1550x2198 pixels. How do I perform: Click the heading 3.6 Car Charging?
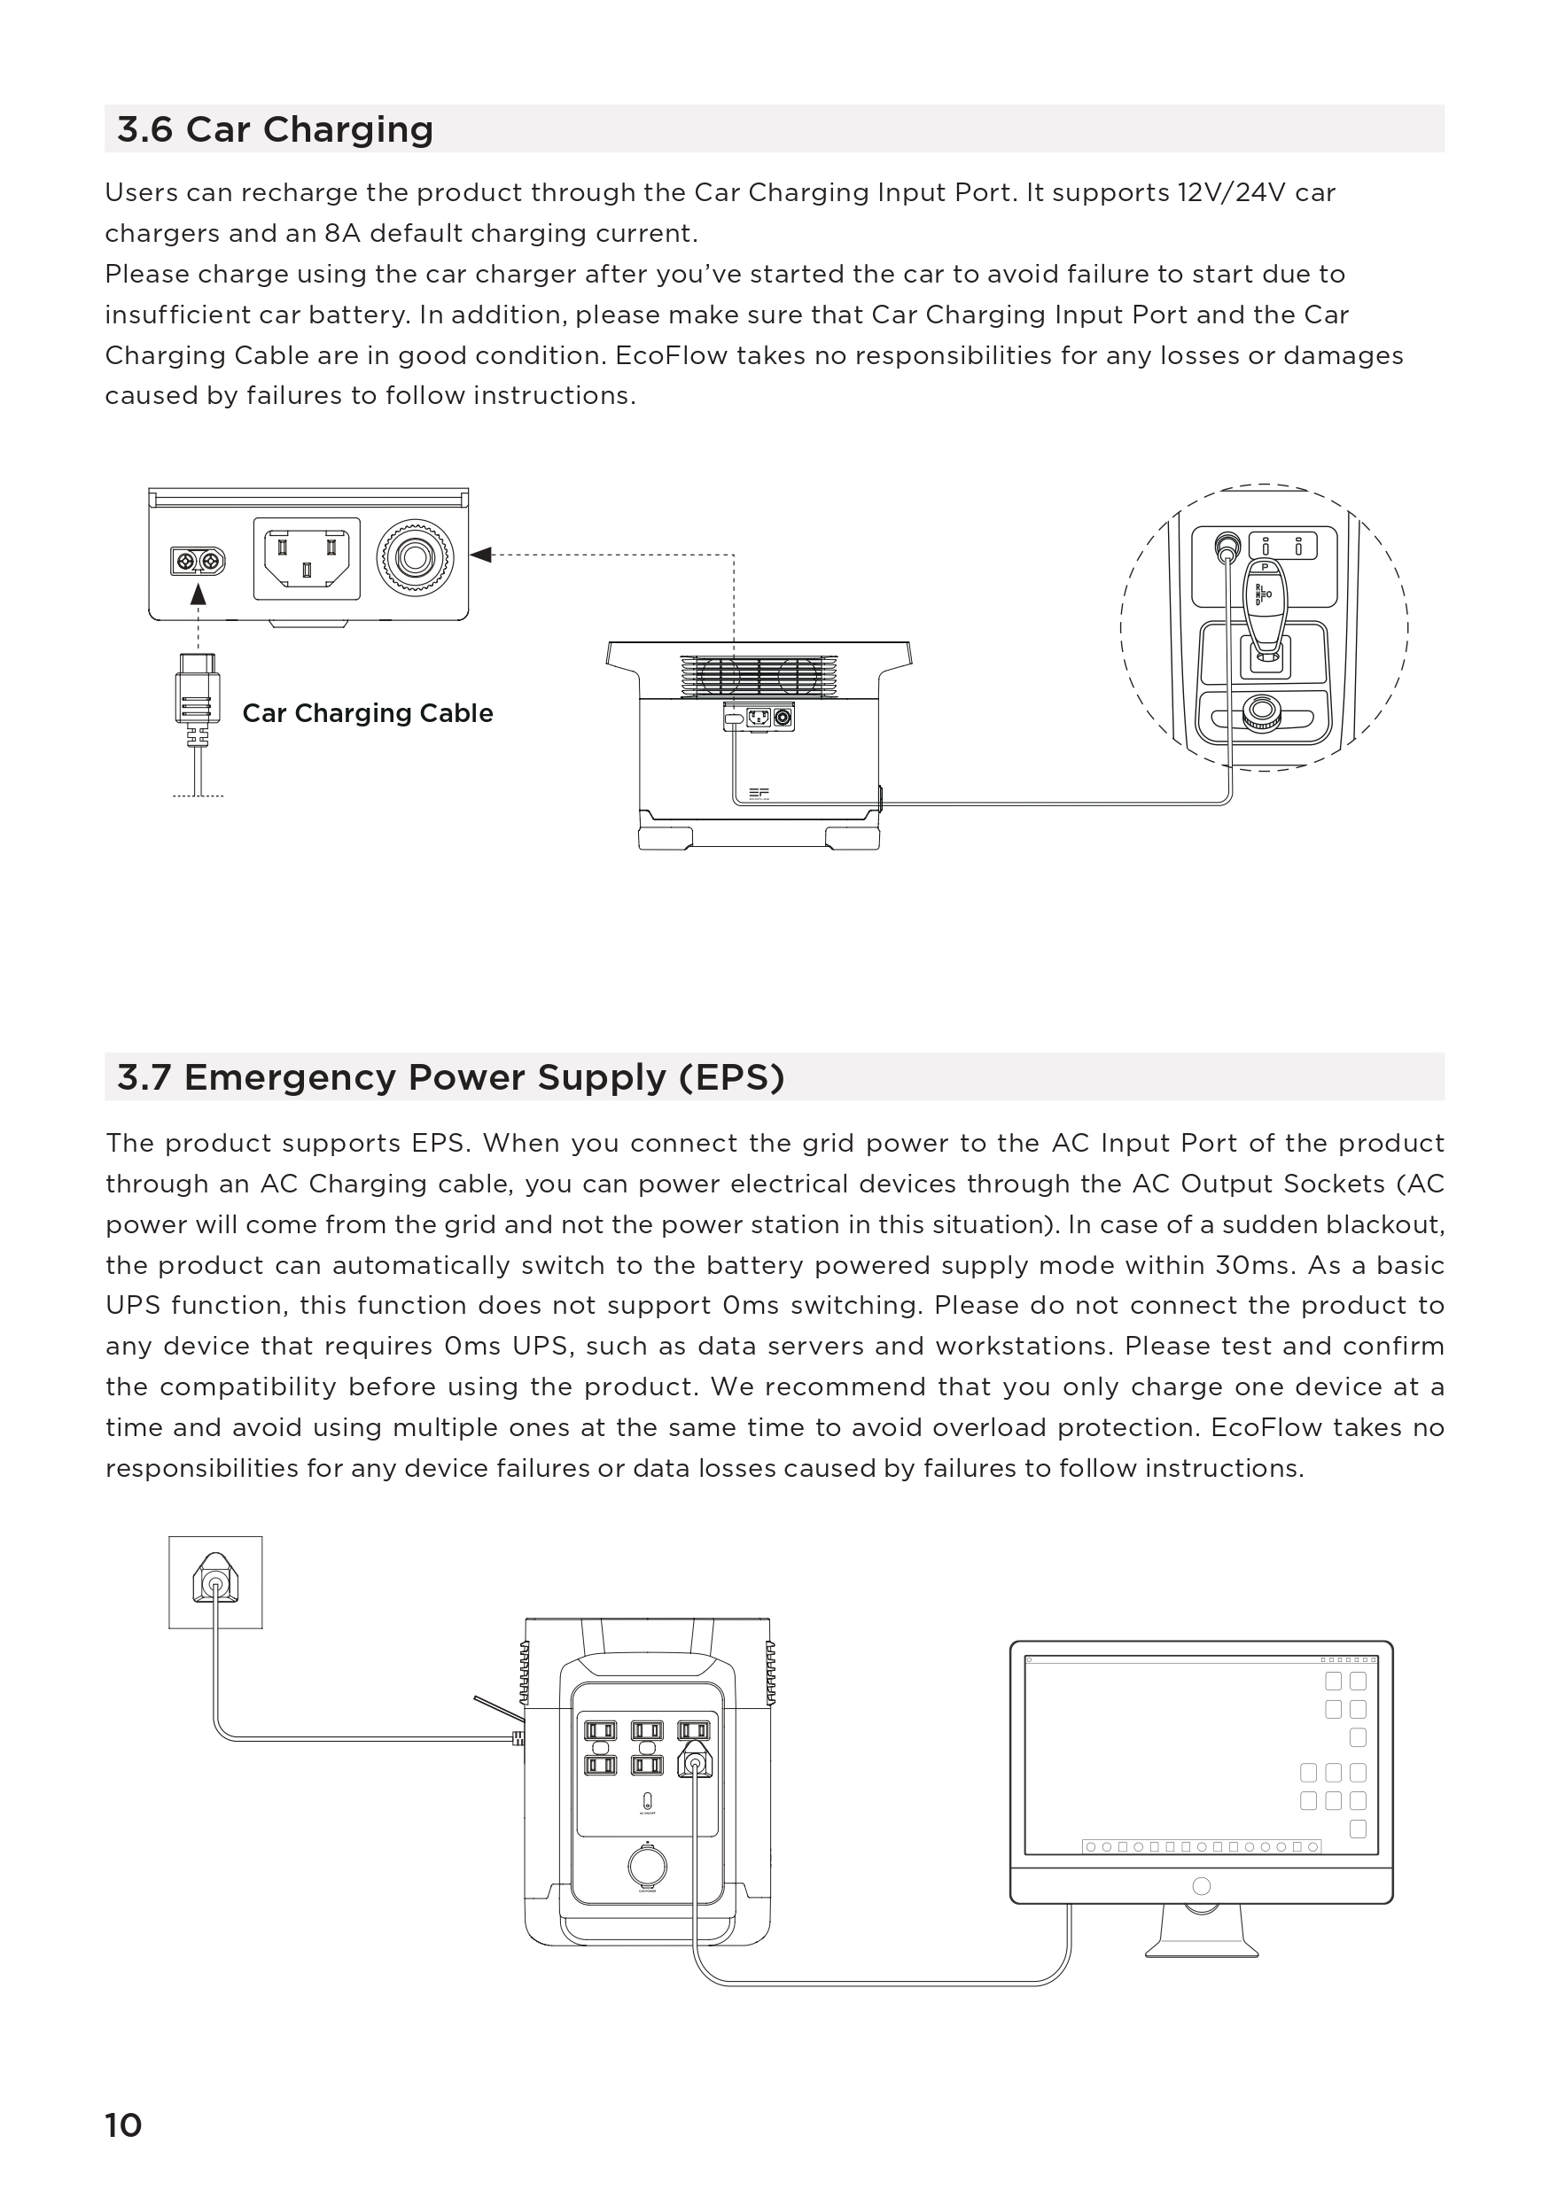tap(275, 129)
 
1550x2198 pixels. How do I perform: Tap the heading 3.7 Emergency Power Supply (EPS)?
tap(450, 1077)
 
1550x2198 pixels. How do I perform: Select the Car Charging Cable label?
tap(368, 713)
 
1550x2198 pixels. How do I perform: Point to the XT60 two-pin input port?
tap(199, 560)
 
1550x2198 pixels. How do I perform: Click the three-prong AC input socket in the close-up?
tap(307, 559)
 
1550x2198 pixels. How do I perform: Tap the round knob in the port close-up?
tap(415, 557)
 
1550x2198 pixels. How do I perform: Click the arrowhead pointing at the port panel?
tap(480, 555)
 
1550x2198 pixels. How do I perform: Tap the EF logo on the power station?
tap(759, 793)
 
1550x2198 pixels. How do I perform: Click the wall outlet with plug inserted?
tap(215, 1583)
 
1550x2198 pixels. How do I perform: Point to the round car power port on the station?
tap(647, 1867)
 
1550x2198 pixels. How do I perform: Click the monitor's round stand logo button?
tap(1202, 1886)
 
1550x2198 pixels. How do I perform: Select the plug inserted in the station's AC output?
tap(694, 1761)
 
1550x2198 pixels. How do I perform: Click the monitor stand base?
tap(1202, 1948)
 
